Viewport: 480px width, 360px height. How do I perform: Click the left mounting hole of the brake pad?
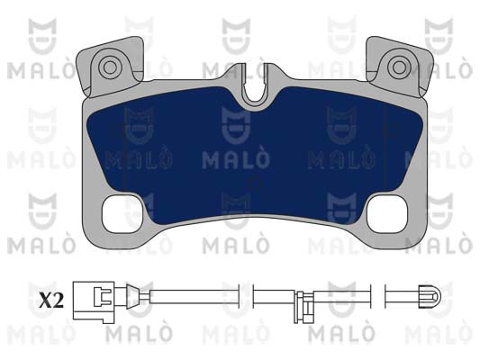tap(110, 67)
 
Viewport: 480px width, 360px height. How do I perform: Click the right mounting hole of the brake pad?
tap(399, 67)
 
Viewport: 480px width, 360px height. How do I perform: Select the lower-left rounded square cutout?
tap(123, 214)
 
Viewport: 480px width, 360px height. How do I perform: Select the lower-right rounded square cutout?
tap(386, 214)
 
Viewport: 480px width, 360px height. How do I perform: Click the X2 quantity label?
tap(51, 300)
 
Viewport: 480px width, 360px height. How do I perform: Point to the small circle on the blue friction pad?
tap(256, 183)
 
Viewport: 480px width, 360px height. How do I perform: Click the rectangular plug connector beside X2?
tap(94, 301)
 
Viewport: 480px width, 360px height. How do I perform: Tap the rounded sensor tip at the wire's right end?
tap(430, 296)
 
